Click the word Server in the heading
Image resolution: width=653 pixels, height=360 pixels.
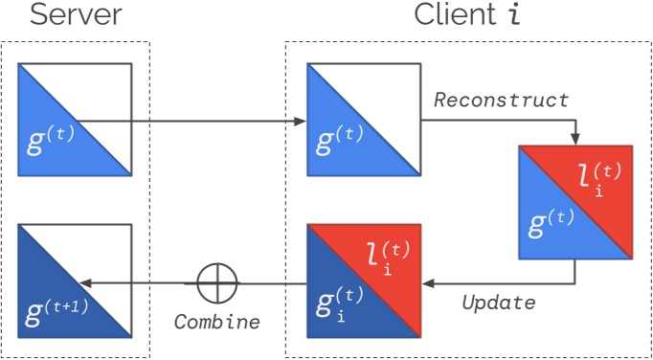[76, 16]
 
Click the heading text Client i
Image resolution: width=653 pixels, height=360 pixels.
[468, 16]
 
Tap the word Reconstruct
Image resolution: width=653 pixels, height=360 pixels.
[501, 100]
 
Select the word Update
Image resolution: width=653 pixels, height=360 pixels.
[498, 303]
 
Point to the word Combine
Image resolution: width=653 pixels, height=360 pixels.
[216, 322]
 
